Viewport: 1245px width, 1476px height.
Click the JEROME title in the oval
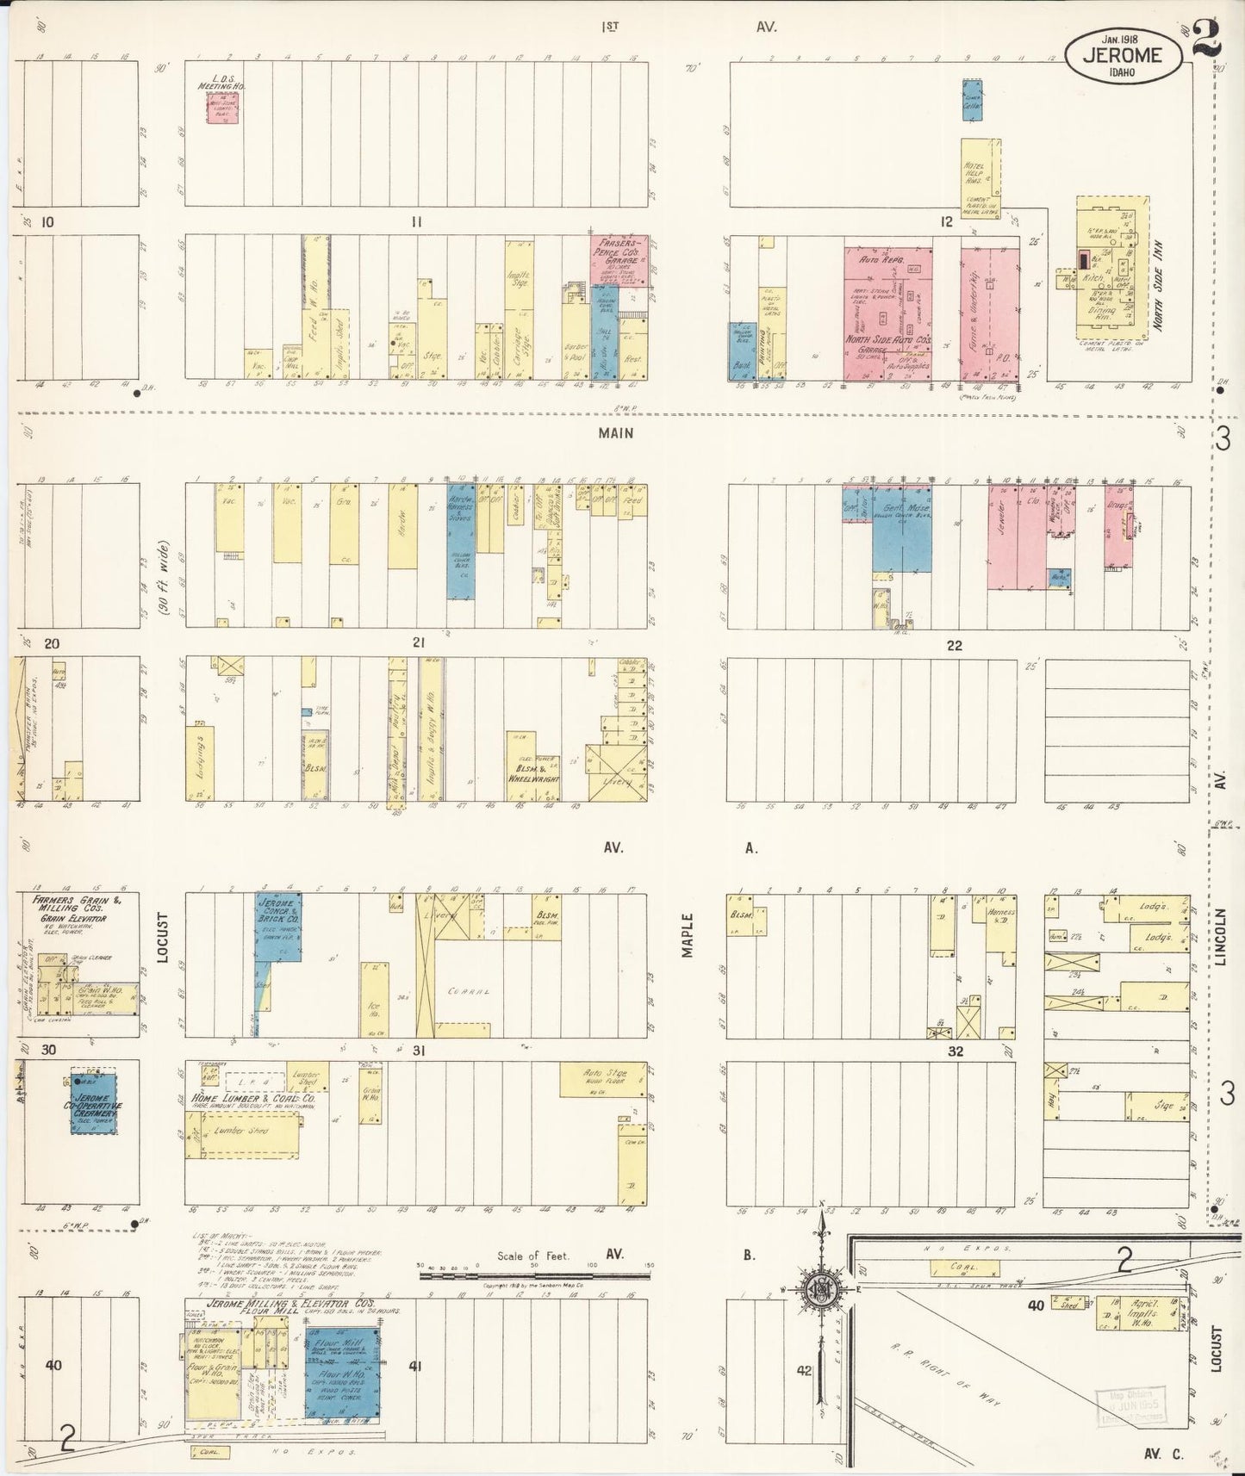[1118, 55]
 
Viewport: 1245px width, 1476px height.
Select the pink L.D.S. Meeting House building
[222, 109]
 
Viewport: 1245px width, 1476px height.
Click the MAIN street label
[616, 433]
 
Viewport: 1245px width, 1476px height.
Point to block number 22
[953, 645]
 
